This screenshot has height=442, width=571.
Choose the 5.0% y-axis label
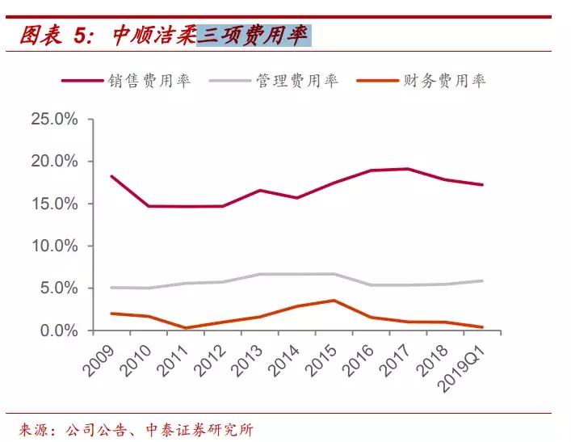coord(57,288)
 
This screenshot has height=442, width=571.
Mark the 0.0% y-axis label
coord(57,330)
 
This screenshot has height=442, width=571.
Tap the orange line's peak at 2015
coord(334,301)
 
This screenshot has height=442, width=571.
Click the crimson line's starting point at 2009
coord(111,176)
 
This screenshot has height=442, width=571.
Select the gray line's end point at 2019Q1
coord(483,281)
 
